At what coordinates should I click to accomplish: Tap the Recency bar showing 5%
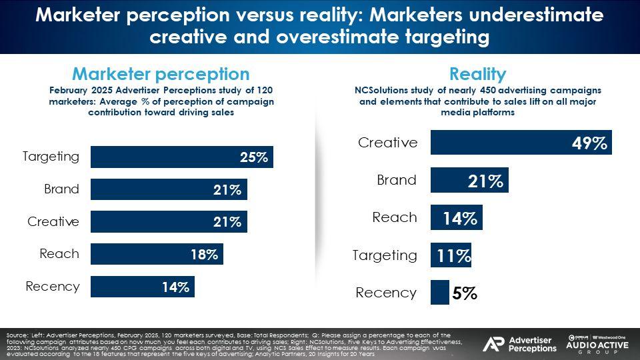(x=440, y=293)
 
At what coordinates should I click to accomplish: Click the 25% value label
(x=254, y=157)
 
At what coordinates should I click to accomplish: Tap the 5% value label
(x=464, y=293)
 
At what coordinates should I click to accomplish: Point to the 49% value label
(x=589, y=143)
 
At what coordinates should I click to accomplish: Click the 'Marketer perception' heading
(x=161, y=74)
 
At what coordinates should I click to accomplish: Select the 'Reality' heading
(x=478, y=74)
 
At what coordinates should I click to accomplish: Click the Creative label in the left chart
(x=53, y=222)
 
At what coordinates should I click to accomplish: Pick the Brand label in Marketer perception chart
(x=62, y=189)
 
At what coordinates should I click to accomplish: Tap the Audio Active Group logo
(x=597, y=343)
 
